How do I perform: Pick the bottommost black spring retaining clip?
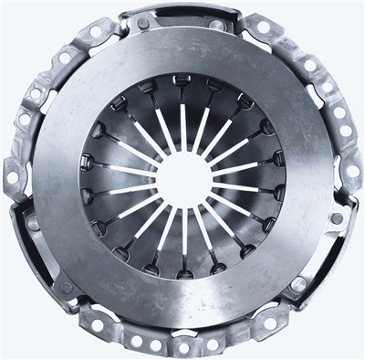(x=182, y=273)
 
